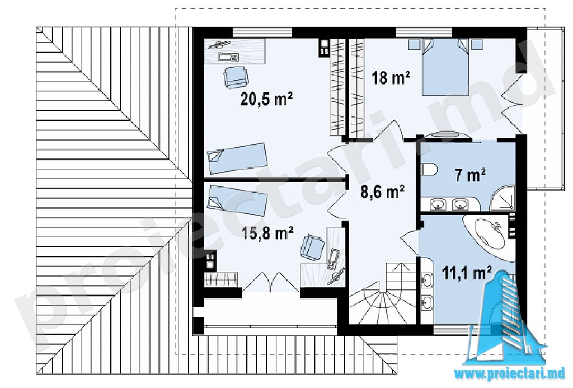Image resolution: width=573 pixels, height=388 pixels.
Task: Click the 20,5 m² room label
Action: click(x=266, y=99)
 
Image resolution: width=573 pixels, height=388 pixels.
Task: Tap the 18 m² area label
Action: click(x=391, y=78)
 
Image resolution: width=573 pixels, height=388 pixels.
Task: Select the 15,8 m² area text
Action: click(x=267, y=232)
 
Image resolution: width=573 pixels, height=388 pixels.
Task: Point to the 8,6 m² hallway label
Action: click(x=382, y=192)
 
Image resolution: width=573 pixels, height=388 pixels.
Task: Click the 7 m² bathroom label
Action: click(x=470, y=175)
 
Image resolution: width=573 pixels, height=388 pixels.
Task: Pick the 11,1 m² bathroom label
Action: click(x=467, y=273)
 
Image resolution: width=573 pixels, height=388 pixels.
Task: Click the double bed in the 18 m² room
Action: click(x=445, y=67)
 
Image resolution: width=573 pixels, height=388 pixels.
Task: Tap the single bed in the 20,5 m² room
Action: click(x=237, y=158)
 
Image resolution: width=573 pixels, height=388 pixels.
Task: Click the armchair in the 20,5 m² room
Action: click(x=236, y=77)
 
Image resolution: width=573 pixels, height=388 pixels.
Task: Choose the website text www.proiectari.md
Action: click(x=509, y=374)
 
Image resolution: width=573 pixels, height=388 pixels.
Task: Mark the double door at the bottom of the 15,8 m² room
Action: click(x=271, y=282)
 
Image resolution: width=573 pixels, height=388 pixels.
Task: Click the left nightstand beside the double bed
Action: click(x=415, y=45)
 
